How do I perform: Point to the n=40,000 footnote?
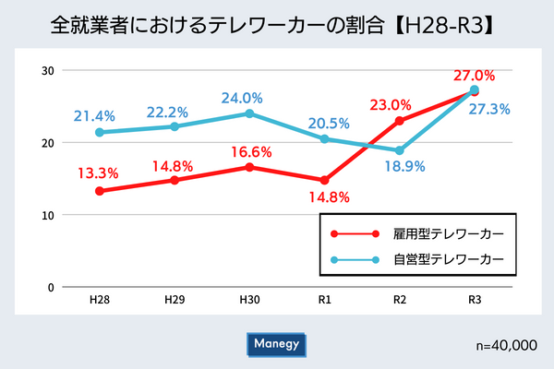click(503, 345)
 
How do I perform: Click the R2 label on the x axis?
click(400, 301)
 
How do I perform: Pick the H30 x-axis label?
click(249, 301)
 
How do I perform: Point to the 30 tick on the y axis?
click(46, 71)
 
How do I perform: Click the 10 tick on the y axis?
click(46, 215)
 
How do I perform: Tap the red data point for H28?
click(100, 191)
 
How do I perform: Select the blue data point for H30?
click(249, 113)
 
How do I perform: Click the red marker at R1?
click(324, 180)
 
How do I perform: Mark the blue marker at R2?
click(400, 150)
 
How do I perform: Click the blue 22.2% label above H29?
click(173, 111)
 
